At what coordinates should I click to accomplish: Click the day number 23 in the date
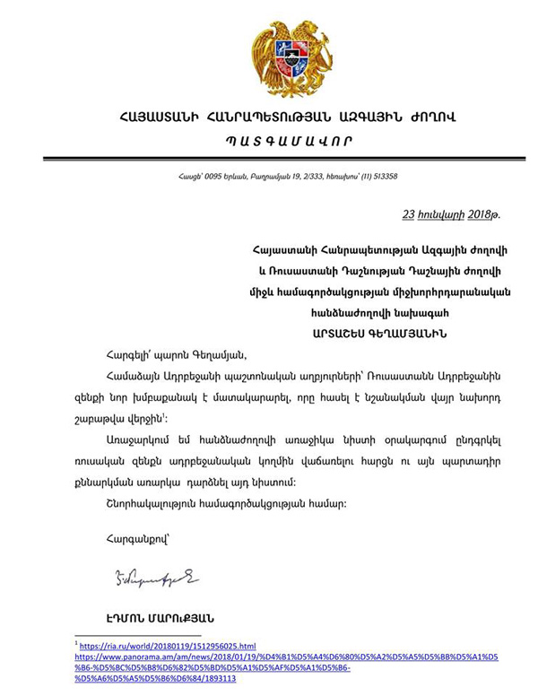coord(409,215)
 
